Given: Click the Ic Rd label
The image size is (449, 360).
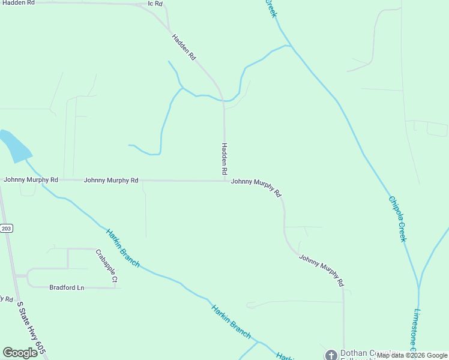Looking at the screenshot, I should coord(155,4).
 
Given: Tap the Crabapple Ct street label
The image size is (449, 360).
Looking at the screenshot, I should coord(106,266).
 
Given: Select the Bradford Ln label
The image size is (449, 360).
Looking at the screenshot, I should coord(67,288).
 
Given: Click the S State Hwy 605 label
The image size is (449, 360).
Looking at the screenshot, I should coord(31,329).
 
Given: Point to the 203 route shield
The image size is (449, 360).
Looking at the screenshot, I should coord(6,229).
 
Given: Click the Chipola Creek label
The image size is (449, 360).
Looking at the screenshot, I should coord(397,219).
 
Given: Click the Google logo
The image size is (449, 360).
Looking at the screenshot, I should coord(20,353).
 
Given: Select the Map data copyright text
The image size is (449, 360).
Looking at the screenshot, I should coord(412,355).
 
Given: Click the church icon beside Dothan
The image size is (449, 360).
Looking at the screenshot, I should coord(331,355).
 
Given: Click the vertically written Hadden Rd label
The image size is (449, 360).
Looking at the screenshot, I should coord(224,159).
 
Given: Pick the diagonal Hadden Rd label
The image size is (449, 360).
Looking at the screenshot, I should coord(184,47).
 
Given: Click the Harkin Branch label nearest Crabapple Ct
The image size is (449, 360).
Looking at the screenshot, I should coord(123,248).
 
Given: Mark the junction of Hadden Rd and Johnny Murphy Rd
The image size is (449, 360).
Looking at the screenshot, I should coord(224,181).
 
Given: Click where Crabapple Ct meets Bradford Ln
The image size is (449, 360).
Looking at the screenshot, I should coord(115,288).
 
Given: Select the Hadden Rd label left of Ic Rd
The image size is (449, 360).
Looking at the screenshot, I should coord(18,3).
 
